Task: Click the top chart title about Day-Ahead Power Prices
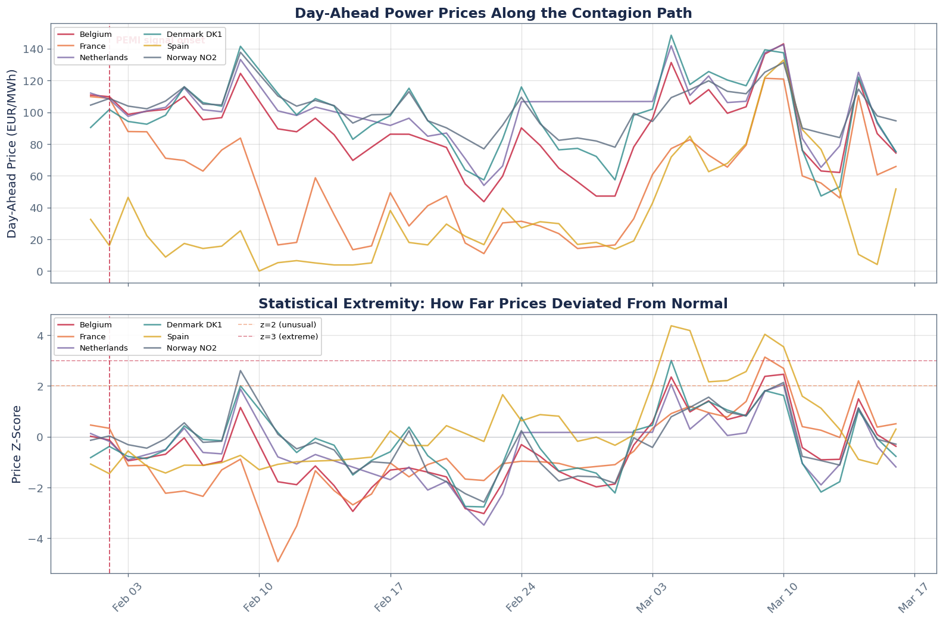[x=493, y=13]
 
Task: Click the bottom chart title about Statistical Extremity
[x=493, y=304]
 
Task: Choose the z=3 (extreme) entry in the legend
[x=289, y=337]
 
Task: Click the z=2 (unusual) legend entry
[x=288, y=325]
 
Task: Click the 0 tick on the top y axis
[x=43, y=271]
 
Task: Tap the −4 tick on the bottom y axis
[x=38, y=539]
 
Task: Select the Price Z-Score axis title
[x=16, y=444]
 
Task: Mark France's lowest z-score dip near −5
[x=278, y=561]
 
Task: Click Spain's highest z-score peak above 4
[x=671, y=326]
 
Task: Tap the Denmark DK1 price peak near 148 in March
[x=671, y=35]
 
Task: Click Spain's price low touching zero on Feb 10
[x=259, y=271]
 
